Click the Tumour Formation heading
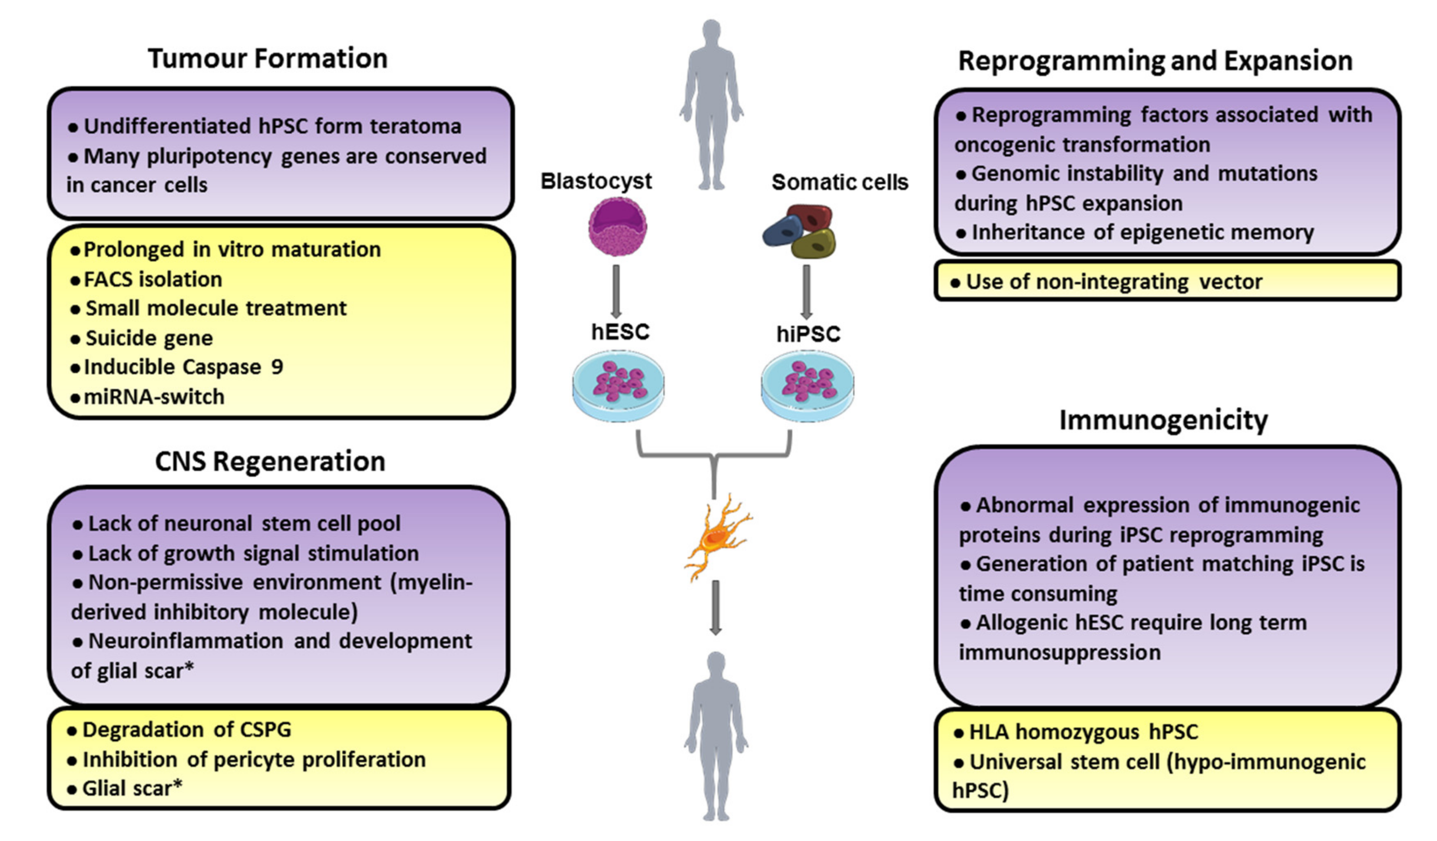coord(268,59)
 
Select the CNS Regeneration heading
coord(270,461)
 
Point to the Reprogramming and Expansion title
coord(1156,60)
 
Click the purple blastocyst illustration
coord(618,227)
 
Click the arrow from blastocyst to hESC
coord(616,291)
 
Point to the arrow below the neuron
coord(715,607)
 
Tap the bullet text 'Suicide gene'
coord(149,338)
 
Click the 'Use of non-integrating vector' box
coord(1167,281)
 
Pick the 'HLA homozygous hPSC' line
coord(1083,732)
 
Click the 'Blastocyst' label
coord(596,181)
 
